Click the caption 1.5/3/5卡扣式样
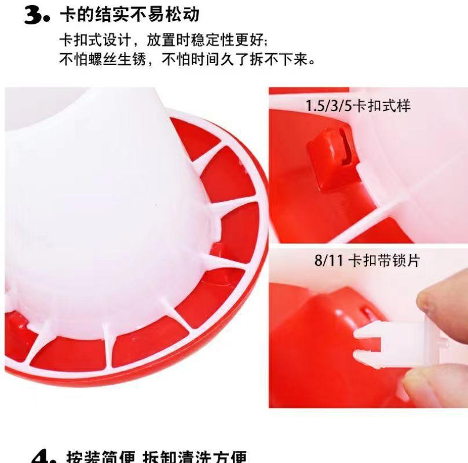click(358, 106)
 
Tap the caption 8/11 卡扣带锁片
click(366, 260)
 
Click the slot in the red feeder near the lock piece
click(365, 313)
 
